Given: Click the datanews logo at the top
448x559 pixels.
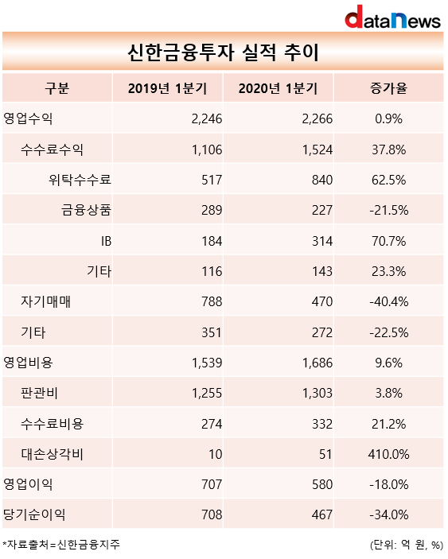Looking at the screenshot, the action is (393, 17).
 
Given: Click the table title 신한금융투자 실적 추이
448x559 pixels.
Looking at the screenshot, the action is (224, 52).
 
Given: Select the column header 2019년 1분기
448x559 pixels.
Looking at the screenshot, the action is (168, 88).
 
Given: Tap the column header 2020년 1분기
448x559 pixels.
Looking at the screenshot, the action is (279, 88).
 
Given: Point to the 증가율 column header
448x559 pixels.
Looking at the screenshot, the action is (389, 88).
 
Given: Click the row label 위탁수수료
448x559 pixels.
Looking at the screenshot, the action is (80, 180).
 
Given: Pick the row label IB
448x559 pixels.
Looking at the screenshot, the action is (107, 242).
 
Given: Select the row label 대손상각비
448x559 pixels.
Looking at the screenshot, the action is (52, 454).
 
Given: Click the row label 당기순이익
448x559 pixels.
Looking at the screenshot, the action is (34, 514).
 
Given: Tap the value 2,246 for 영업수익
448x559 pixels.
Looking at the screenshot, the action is (207, 118).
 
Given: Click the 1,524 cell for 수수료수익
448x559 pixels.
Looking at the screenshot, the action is (317, 149).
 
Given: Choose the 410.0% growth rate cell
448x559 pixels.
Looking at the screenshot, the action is (389, 455).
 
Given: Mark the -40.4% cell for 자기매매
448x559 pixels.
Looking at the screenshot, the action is (389, 302).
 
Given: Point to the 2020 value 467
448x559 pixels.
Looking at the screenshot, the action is (322, 514).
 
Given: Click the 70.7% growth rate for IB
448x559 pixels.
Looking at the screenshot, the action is (389, 242).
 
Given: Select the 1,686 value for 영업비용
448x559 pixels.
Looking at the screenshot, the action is (317, 363).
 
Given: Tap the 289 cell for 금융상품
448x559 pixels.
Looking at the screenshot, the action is (212, 211).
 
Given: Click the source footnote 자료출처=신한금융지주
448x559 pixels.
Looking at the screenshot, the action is (61, 545).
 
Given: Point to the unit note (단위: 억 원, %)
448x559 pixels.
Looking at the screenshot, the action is (407, 545).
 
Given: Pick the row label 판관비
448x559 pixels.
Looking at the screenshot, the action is (39, 394).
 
